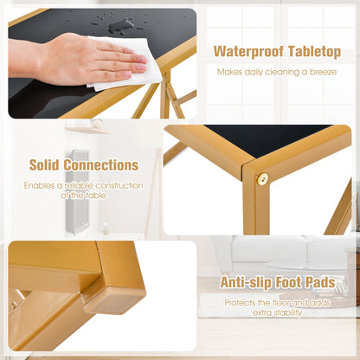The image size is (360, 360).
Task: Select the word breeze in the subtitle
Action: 323,72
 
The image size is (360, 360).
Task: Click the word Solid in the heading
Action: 44,165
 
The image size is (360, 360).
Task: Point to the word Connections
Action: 101,165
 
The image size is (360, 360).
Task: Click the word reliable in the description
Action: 79,185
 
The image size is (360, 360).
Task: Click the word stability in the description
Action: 288,313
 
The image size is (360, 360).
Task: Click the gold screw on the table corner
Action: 262,179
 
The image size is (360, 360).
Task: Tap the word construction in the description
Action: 119,185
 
